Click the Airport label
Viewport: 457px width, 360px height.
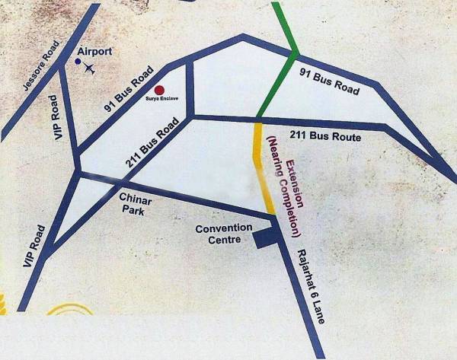coord(96,52)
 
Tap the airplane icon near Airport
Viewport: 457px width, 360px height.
coord(90,68)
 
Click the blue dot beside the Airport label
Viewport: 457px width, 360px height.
coord(78,60)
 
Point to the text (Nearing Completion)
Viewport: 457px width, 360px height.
coord(283,186)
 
